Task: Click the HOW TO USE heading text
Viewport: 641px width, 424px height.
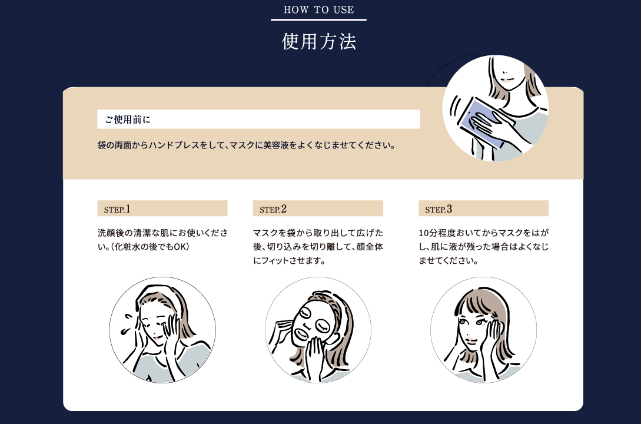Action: (319, 10)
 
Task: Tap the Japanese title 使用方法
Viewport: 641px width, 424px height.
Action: (319, 41)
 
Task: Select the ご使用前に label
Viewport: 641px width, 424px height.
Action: (128, 120)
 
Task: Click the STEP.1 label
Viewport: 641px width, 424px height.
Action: (117, 209)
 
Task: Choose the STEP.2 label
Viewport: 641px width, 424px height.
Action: (273, 209)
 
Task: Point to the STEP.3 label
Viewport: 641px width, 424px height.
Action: (439, 209)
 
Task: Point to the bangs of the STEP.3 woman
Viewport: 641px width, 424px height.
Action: (474, 304)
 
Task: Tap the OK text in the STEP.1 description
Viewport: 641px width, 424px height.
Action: (180, 247)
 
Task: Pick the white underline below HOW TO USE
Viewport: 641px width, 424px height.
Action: (319, 19)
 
